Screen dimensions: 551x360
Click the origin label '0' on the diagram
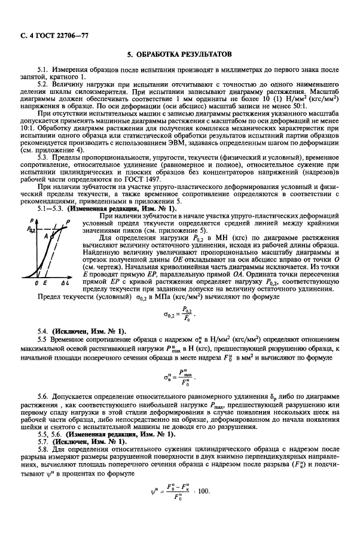(36, 281)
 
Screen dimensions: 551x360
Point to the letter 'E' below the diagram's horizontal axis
(45, 281)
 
